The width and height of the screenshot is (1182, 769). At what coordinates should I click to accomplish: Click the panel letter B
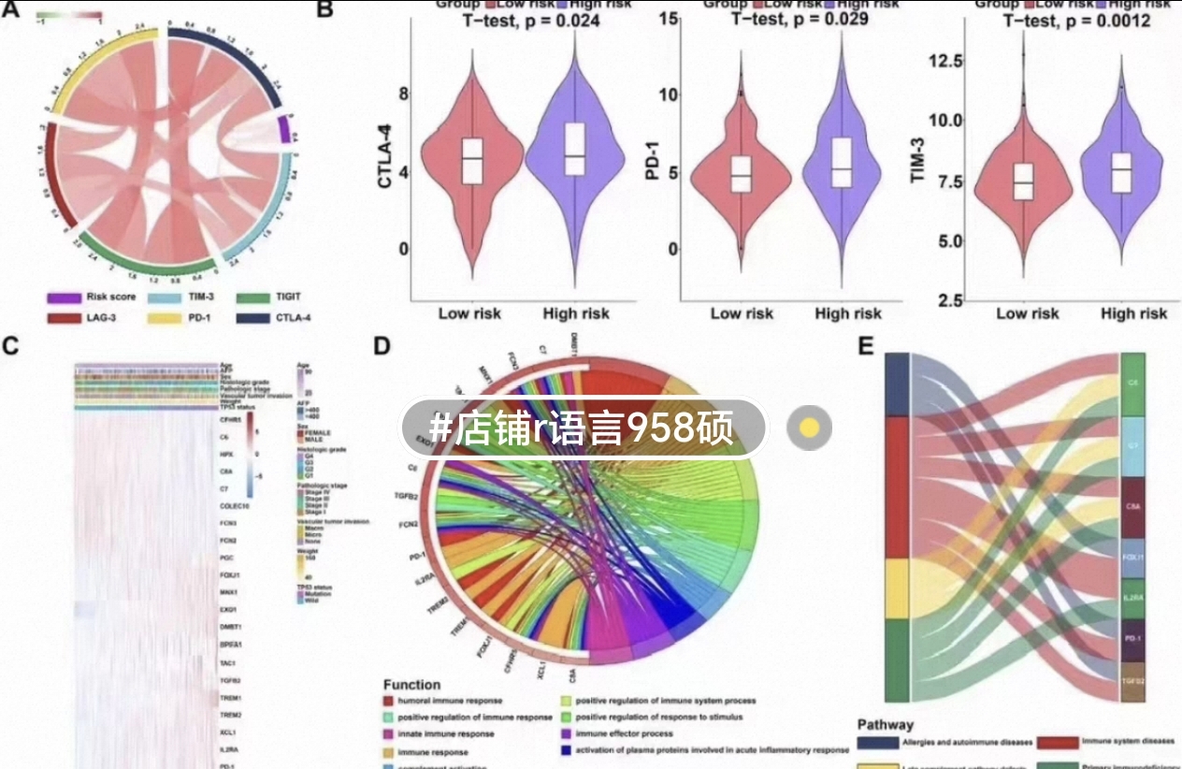click(324, 9)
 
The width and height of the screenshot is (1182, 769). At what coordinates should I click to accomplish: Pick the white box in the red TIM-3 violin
click(1024, 181)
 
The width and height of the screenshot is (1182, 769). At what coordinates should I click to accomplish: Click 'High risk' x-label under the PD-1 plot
click(847, 313)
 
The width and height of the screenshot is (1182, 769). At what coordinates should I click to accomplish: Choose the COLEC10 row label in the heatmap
click(235, 505)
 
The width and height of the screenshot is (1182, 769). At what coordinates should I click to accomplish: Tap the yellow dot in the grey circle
click(810, 428)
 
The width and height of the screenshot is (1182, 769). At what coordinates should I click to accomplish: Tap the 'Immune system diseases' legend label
click(1128, 742)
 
